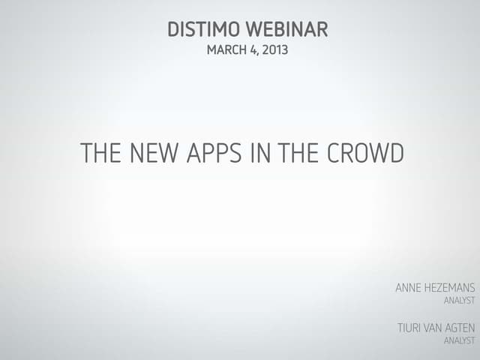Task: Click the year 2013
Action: (275, 51)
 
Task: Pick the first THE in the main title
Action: (100, 154)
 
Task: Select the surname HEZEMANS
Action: (452, 287)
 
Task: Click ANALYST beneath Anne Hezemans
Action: (459, 301)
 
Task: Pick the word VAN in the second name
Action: (439, 327)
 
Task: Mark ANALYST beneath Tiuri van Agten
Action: (459, 340)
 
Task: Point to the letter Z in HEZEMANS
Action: (444, 287)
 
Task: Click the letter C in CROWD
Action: (334, 154)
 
